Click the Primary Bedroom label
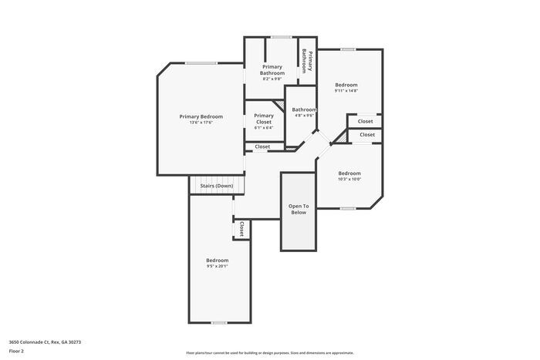(x=201, y=116)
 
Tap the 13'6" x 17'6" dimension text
(x=201, y=123)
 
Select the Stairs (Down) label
(x=216, y=186)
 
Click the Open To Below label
(x=299, y=209)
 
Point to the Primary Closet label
(x=264, y=118)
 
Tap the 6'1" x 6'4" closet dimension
(x=264, y=128)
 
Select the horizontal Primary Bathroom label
(x=272, y=70)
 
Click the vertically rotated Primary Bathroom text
(x=307, y=57)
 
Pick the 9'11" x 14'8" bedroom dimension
(x=346, y=90)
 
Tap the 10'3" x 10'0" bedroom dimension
(x=349, y=180)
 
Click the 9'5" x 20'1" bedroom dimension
(x=217, y=266)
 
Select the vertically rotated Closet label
(x=241, y=228)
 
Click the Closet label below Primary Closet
(x=262, y=146)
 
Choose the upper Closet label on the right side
(x=365, y=121)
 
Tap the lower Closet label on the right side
(x=367, y=135)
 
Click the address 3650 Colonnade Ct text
(x=45, y=341)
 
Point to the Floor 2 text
(x=16, y=351)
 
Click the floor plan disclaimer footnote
(x=269, y=352)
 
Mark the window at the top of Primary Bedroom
(x=201, y=63)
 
